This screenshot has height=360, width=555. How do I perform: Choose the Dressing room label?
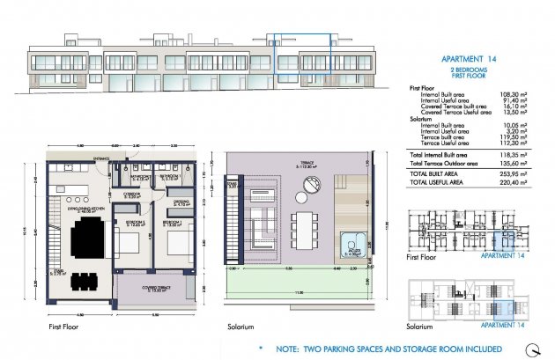[181, 202]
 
